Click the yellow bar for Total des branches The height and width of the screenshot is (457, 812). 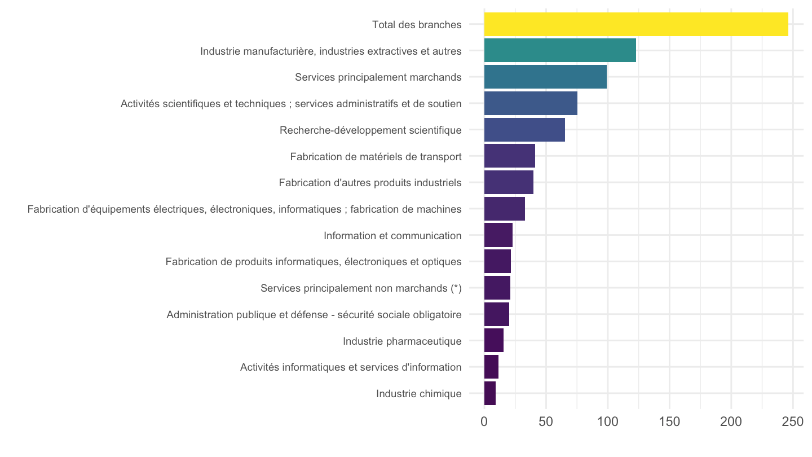coord(636,24)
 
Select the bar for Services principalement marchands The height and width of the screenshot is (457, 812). coord(546,77)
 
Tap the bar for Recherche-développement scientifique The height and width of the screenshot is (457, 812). coord(524,130)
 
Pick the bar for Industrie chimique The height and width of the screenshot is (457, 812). coord(490,393)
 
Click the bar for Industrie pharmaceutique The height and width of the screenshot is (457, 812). coord(494,341)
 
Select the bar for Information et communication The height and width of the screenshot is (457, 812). coord(498,235)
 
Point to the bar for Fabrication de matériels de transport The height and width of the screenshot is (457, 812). coord(510,156)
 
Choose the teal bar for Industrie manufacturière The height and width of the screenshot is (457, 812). coord(560,50)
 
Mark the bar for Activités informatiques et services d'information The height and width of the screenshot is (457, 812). coord(491,367)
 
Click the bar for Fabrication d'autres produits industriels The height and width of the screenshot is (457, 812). coord(509,182)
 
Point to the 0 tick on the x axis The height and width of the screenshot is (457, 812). coord(484,422)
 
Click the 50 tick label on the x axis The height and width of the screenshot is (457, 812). coord(546,422)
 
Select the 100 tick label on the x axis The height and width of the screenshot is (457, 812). coord(608,422)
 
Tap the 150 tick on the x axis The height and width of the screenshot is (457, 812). coord(669,422)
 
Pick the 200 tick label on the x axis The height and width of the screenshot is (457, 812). coord(731,422)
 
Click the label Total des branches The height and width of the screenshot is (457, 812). coord(417,25)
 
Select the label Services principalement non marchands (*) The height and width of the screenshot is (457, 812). coord(361,288)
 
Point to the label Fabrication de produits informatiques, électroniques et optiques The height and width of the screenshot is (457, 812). coord(314,262)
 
